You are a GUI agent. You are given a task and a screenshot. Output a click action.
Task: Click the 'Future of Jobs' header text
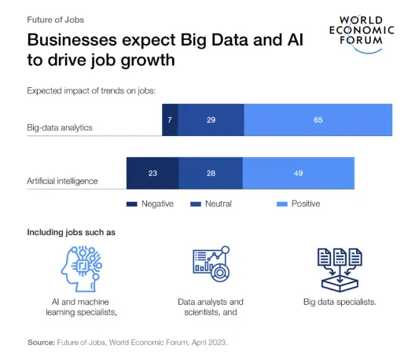tap(56, 18)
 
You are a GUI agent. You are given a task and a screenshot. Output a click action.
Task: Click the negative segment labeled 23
tap(152, 173)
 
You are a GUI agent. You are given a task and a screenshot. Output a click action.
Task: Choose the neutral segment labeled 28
tap(211, 173)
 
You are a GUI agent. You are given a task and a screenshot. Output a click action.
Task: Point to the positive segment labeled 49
tap(299, 173)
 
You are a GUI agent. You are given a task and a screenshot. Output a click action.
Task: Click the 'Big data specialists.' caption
tap(340, 302)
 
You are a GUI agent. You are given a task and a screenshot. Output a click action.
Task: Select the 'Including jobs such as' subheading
tap(72, 232)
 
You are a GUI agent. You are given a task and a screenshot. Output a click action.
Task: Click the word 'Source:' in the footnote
tap(41, 343)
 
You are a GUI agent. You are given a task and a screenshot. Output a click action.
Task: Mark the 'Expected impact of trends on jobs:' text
tap(92, 90)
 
